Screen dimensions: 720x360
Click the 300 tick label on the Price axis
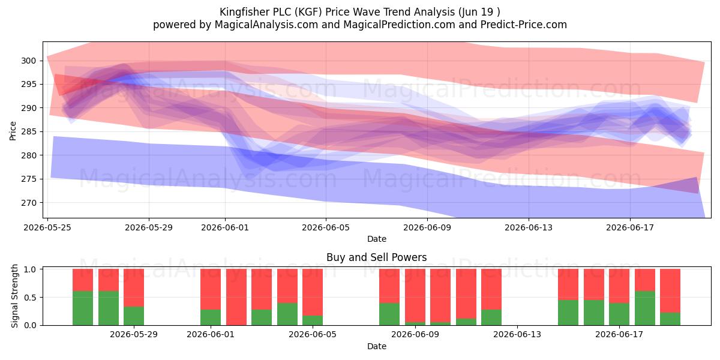pos(28,61)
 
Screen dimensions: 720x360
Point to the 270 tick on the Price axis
pos(28,203)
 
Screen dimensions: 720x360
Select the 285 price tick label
pos(28,132)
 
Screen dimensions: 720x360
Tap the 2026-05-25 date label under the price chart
pos(47,227)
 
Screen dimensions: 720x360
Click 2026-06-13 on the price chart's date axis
pos(529,227)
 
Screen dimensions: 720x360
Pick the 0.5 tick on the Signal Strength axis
pos(30,298)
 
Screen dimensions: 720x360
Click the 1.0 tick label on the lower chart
pos(30,269)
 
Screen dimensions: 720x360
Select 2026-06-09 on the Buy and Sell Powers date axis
pos(415,335)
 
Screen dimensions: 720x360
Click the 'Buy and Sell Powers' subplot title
pos(377,257)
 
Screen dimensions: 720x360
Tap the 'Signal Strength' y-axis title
pos(14,296)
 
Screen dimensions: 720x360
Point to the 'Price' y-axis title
pos(13,131)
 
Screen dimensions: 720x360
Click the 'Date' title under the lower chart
pos(377,346)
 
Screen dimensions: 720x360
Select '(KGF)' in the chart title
pos(309,12)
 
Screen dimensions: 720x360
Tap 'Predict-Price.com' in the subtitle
pos(524,25)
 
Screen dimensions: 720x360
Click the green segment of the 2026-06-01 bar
pos(211,317)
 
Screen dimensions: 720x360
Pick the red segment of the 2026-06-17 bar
pos(619,286)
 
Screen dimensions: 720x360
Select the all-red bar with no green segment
pos(236,297)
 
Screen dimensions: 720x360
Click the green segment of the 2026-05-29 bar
pos(134,316)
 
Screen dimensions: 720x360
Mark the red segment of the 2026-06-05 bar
pos(313,292)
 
